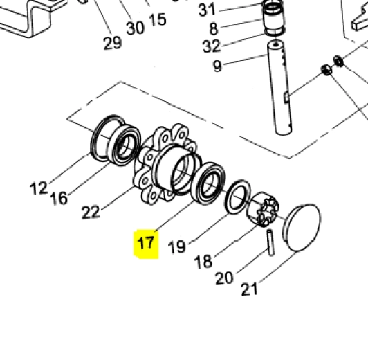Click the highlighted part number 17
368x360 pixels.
pyautogui.click(x=146, y=243)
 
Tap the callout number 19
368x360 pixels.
pyautogui.click(x=176, y=246)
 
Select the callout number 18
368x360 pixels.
pyautogui.click(x=203, y=262)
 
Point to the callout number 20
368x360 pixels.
pyautogui.click(x=224, y=278)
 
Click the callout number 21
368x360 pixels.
pyautogui.click(x=249, y=289)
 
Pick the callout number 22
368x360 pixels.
pyautogui.click(x=91, y=212)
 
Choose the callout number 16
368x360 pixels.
pyautogui.click(x=59, y=199)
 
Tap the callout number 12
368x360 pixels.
pyautogui.click(x=39, y=188)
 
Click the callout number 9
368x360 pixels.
pyautogui.click(x=217, y=66)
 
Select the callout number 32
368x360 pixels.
pyautogui.click(x=212, y=46)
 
